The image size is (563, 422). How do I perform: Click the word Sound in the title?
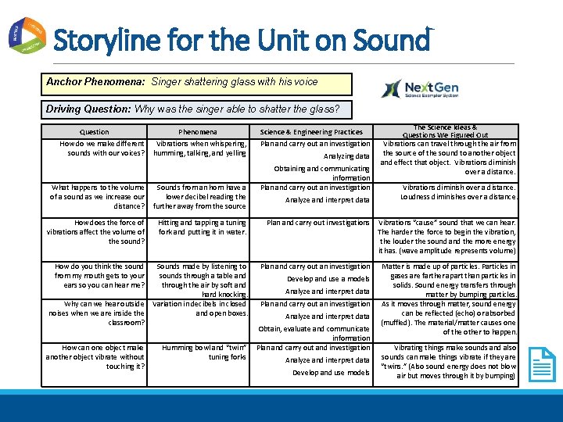coord(391,39)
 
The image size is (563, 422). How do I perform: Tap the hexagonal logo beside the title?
coord(27,35)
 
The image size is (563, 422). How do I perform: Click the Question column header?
coord(95,132)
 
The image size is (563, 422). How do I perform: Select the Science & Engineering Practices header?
coord(311,132)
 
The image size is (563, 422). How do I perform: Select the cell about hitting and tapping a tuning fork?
coord(203,227)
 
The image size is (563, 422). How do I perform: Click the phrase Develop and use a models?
coord(328,279)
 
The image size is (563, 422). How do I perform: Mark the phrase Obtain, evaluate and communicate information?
coord(314,334)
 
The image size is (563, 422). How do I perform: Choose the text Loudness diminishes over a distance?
coord(458,197)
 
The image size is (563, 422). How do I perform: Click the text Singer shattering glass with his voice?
coord(235,82)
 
